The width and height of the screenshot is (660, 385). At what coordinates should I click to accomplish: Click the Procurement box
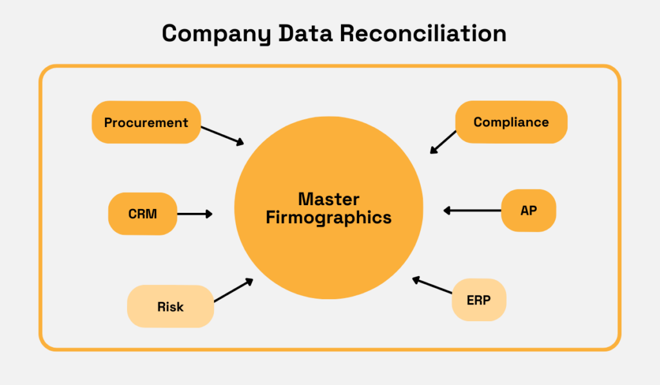tap(146, 122)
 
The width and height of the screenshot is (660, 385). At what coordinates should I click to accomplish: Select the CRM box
tap(142, 213)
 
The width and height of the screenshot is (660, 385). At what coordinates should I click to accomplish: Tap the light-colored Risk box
tap(170, 306)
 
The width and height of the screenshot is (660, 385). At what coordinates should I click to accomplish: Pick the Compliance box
tap(511, 122)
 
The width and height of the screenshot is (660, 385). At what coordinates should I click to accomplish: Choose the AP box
tap(529, 210)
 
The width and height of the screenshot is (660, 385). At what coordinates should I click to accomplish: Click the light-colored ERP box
tap(479, 300)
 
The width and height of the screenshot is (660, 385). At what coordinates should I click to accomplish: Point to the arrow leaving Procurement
tap(222, 135)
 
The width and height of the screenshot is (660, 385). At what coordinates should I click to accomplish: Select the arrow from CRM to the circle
tap(194, 213)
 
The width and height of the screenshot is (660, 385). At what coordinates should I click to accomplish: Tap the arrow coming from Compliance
tap(443, 142)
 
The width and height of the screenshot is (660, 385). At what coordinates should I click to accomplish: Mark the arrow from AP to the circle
tap(472, 210)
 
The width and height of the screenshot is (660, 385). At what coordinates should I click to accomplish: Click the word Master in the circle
tap(328, 199)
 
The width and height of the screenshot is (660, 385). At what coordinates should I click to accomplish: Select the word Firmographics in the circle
tap(328, 218)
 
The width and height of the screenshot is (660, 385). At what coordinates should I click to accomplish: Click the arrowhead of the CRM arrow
tap(209, 213)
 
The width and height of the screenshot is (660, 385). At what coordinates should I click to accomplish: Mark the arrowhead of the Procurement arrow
tap(240, 143)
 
